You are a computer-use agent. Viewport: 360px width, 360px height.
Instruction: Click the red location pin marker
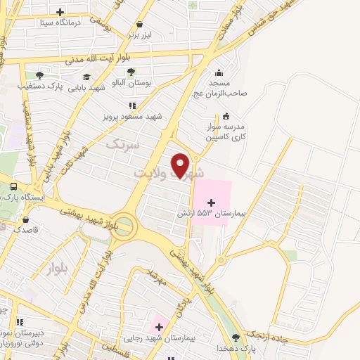pyautogui.click(x=181, y=165)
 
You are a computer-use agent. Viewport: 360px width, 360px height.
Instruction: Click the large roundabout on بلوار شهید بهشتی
pyautogui.click(x=123, y=226)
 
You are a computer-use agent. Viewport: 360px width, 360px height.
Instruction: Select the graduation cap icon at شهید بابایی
pyautogui.click(x=86, y=77)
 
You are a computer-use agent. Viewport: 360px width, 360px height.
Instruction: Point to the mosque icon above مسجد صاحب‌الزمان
pyautogui.click(x=219, y=72)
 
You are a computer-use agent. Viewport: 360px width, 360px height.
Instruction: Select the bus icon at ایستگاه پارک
pyautogui.click(x=13, y=187)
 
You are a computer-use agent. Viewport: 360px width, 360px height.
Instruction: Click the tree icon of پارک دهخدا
pyautogui.click(x=245, y=337)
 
